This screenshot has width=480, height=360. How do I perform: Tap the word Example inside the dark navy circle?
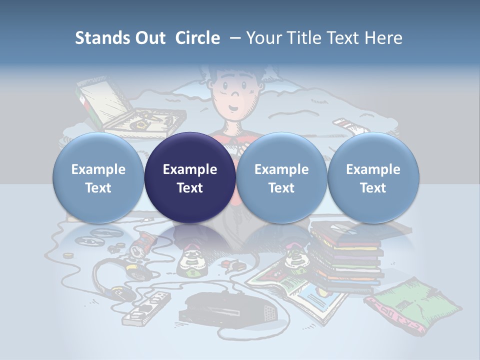[190, 169]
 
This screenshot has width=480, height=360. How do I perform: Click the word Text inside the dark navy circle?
[190, 188]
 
